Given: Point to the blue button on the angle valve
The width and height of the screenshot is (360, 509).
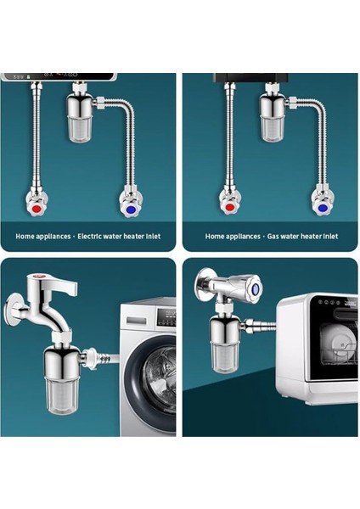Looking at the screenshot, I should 256,288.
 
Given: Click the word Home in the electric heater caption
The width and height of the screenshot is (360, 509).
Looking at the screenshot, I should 25,237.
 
